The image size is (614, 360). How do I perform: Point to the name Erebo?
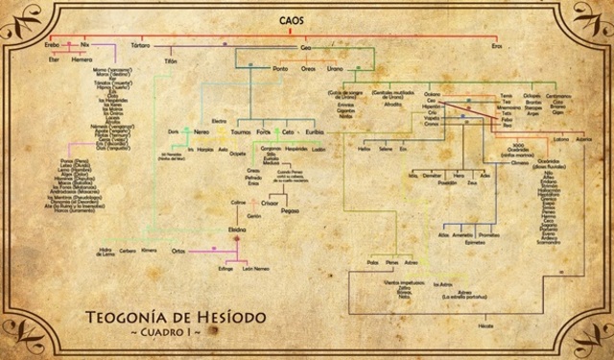pos(52,45)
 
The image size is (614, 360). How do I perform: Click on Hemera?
pos(82,60)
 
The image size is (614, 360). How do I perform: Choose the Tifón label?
pos(172,60)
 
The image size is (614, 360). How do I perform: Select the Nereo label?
pos(202,131)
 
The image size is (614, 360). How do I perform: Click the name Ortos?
pos(177,251)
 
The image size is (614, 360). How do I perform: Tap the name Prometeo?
pos(489,234)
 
